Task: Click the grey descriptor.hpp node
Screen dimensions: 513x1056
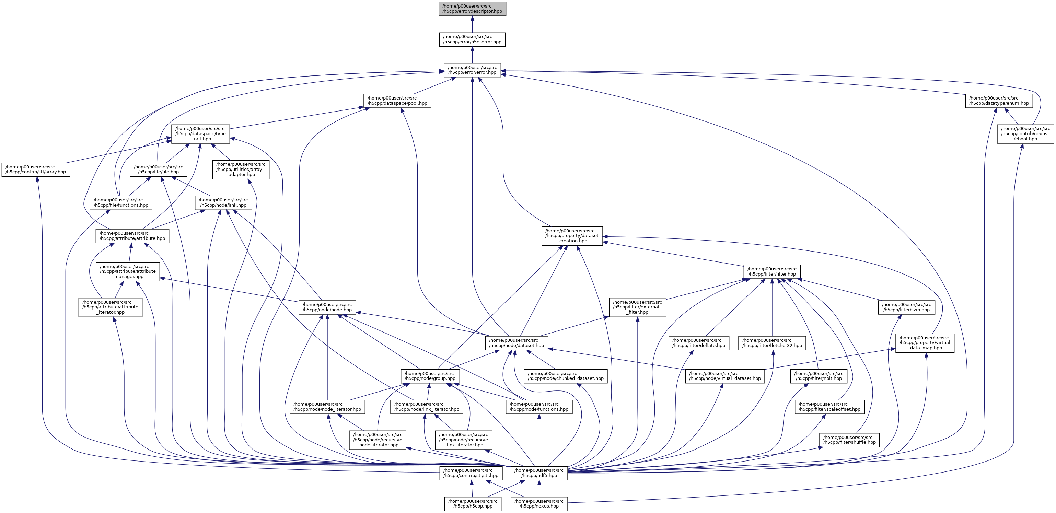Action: (x=472, y=9)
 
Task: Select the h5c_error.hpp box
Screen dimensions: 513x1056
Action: (x=472, y=39)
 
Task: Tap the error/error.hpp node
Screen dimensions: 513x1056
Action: (x=472, y=70)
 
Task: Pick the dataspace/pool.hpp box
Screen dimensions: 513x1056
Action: (x=397, y=101)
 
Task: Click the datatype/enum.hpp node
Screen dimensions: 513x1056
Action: (x=999, y=101)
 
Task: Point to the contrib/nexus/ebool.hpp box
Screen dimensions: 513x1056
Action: (x=1025, y=134)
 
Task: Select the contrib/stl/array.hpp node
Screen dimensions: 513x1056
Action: (x=36, y=170)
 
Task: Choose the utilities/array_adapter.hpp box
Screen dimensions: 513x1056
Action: (x=241, y=170)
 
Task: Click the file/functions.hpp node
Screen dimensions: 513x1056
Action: (x=121, y=203)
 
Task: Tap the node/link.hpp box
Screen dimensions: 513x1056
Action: (x=223, y=203)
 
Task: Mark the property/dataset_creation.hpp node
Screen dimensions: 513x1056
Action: (x=572, y=236)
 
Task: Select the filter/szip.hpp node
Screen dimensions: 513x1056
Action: (x=906, y=307)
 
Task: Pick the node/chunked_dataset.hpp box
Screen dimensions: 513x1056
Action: (x=566, y=376)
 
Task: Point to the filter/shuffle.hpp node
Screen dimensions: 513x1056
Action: (x=849, y=440)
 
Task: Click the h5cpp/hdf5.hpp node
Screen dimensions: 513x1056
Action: (x=539, y=473)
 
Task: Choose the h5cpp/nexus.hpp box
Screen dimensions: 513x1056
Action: (x=539, y=504)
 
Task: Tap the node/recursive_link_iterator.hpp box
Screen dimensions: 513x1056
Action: (x=464, y=440)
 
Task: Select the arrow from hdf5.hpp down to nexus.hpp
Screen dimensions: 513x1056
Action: (x=539, y=489)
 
